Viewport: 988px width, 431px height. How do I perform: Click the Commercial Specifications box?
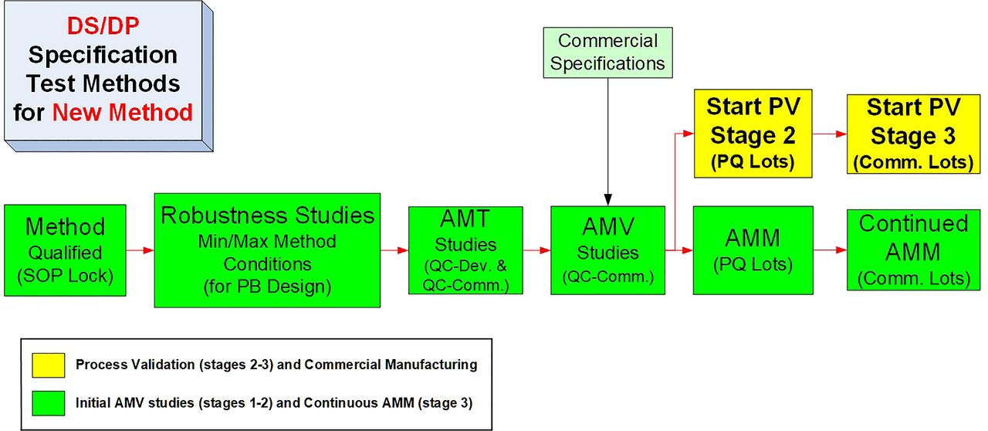tap(607, 53)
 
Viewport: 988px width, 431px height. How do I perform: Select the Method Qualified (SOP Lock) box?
tap(66, 250)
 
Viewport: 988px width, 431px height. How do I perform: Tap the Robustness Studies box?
tap(267, 250)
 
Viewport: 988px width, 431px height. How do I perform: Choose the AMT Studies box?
tap(465, 250)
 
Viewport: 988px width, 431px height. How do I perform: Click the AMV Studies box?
tap(607, 250)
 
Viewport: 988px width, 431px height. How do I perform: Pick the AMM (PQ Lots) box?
tap(753, 250)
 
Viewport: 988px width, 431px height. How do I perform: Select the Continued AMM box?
tap(913, 250)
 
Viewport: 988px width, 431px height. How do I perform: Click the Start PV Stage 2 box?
tap(753, 134)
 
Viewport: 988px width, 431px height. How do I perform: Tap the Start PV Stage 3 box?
tap(913, 134)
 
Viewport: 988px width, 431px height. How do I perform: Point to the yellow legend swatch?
tap(49, 365)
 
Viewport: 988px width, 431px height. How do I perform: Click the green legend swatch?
tap(49, 403)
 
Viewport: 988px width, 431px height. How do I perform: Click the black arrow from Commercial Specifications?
tap(607, 142)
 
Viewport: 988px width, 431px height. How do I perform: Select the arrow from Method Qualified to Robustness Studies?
tap(140, 250)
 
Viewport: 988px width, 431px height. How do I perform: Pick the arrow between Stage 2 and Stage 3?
tap(830, 134)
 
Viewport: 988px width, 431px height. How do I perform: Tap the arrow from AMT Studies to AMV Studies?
tap(536, 250)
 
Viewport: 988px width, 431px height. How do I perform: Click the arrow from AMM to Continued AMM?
tap(830, 250)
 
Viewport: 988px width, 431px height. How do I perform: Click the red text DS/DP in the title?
tap(103, 26)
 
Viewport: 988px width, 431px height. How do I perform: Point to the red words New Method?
tap(123, 112)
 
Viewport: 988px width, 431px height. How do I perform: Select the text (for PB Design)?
tap(267, 286)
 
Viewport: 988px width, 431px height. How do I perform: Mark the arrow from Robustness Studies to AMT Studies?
tap(394, 250)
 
